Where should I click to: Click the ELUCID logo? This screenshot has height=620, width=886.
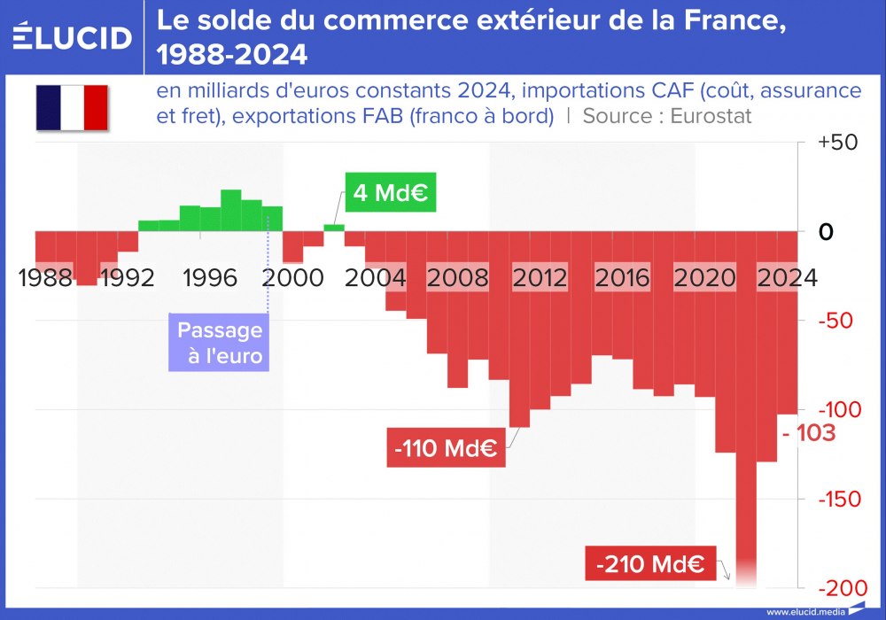pos(73,37)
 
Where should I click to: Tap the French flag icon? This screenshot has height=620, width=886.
pos(72,108)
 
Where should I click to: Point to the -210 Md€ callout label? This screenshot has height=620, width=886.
pos(650,563)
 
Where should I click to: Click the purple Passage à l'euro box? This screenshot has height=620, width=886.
pos(220,344)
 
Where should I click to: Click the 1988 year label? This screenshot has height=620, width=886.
pos(45,279)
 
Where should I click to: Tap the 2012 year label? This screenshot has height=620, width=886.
pos(540,279)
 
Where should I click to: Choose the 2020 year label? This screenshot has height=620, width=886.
pos(705,279)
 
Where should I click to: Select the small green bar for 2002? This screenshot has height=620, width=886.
pos(334,228)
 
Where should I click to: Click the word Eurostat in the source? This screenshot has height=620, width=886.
pos(711,116)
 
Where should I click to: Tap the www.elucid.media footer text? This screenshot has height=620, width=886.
pos(804,612)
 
